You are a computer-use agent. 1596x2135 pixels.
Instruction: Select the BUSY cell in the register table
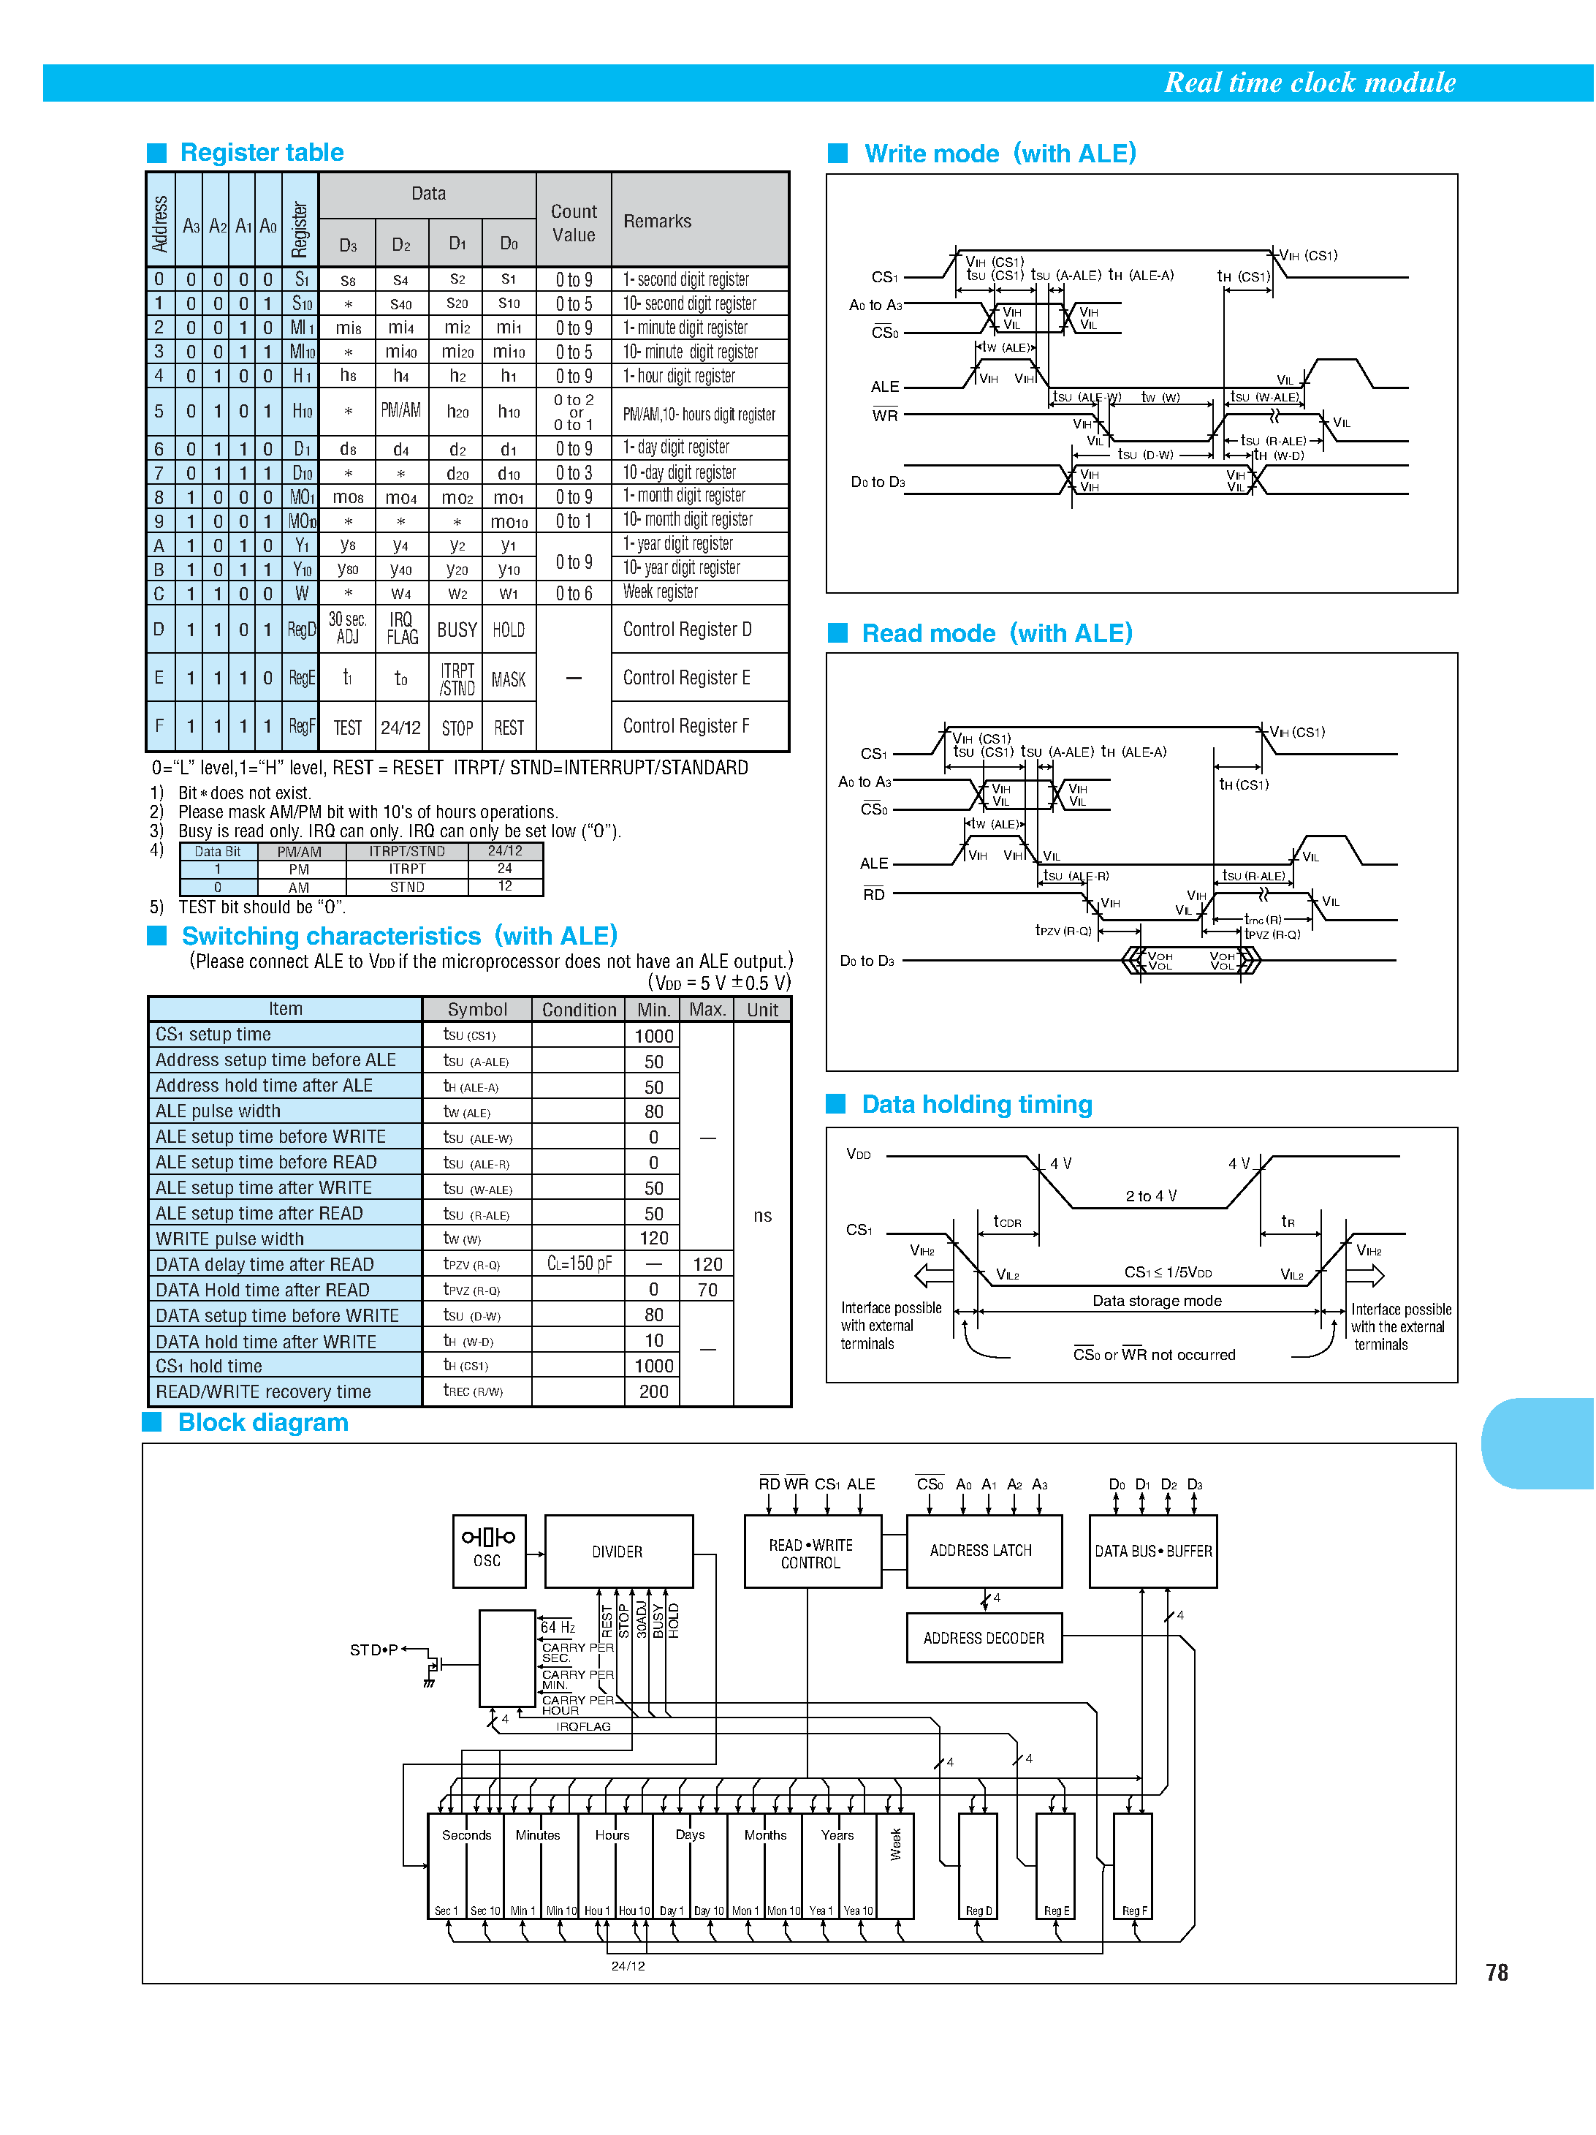point(457,630)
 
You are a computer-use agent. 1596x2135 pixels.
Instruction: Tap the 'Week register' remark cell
point(660,592)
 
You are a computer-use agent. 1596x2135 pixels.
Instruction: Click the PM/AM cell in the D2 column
point(400,410)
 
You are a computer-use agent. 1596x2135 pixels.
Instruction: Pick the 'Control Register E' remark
point(686,678)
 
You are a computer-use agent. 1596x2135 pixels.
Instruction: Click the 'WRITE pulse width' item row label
point(229,1239)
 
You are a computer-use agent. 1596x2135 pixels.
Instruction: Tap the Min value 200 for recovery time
point(653,1391)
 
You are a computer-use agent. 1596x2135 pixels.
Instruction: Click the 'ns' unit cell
point(762,1215)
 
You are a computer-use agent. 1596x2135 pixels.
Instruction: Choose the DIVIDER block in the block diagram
point(617,1551)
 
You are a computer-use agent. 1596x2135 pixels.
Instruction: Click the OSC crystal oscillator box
point(488,1550)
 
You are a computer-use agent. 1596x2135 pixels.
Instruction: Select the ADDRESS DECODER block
point(984,1638)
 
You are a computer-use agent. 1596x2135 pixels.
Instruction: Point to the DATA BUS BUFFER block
point(1153,1551)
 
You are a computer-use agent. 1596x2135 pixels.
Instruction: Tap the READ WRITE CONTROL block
point(810,1553)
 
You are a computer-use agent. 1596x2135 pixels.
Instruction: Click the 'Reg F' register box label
point(1134,1910)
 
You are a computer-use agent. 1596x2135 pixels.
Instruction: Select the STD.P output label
point(373,1650)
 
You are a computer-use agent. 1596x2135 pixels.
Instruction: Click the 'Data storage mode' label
point(1156,1300)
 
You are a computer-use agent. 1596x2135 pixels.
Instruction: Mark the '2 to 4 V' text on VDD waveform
point(1150,1196)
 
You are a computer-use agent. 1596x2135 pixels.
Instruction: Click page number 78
point(1496,1972)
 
